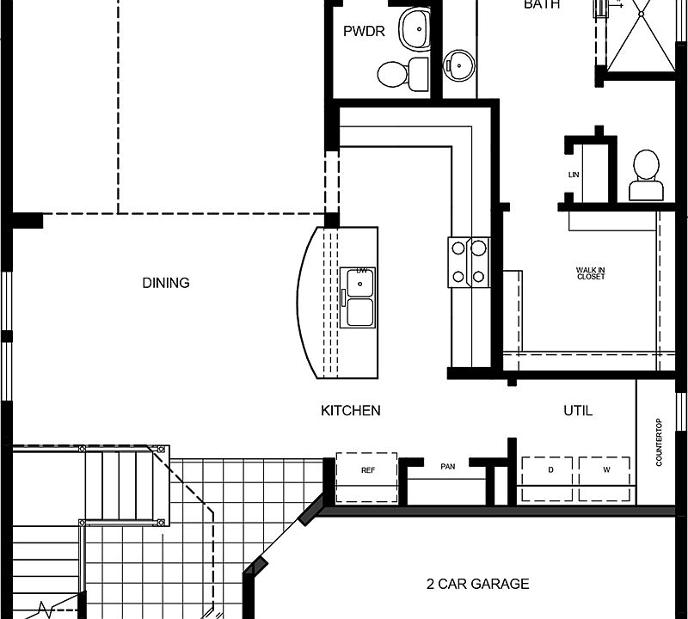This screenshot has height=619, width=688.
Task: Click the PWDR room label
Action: click(x=364, y=32)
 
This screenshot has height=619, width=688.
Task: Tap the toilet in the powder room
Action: click(x=395, y=73)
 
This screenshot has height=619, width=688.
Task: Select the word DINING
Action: click(x=166, y=283)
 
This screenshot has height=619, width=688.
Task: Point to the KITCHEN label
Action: click(x=351, y=411)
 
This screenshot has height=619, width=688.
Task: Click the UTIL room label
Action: click(x=577, y=411)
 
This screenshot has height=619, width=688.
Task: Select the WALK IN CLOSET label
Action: click(x=591, y=274)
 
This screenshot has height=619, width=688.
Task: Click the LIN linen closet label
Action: click(x=574, y=175)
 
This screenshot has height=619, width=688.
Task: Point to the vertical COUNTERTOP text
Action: click(x=659, y=442)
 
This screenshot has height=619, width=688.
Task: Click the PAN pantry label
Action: click(x=447, y=466)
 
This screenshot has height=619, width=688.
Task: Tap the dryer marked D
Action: click(x=549, y=471)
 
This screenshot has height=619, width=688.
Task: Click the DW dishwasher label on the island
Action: click(x=362, y=272)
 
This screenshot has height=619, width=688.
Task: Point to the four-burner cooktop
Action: click(x=469, y=262)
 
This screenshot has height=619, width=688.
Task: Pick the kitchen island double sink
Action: click(x=357, y=308)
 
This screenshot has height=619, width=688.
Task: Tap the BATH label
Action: click(x=542, y=5)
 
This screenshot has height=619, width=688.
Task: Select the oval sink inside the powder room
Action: click(x=416, y=29)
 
